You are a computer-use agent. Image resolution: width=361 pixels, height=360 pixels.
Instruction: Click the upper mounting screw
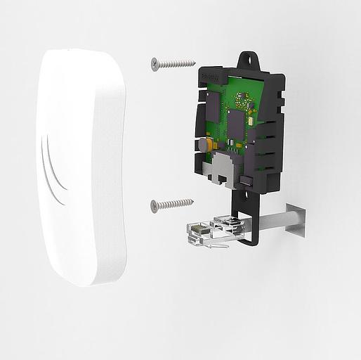[x=172, y=64]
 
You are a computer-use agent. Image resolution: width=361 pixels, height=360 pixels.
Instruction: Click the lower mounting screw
[x=172, y=205]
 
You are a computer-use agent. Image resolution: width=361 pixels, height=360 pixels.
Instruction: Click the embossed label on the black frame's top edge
[x=212, y=73]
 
